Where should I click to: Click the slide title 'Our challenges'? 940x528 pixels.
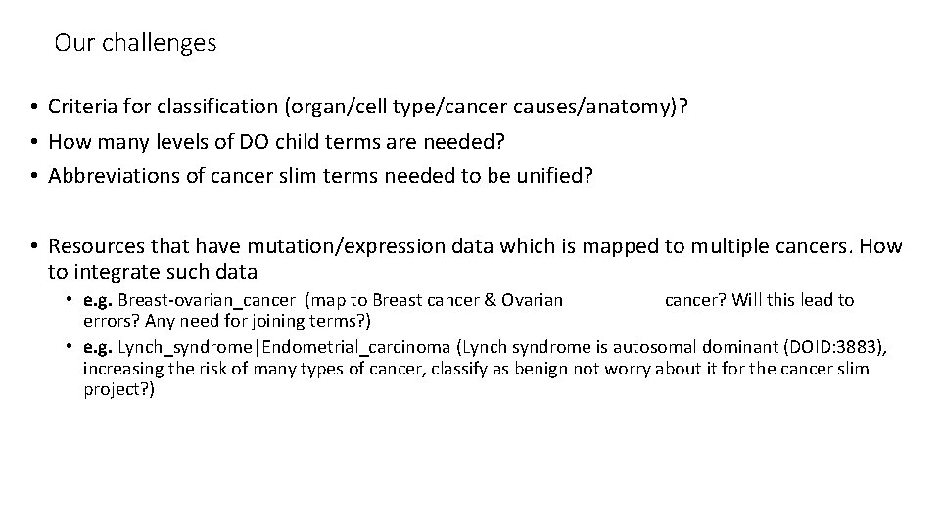tap(135, 43)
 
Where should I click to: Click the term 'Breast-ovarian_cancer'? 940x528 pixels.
tap(206, 300)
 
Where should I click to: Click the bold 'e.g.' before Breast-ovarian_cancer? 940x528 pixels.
tap(98, 300)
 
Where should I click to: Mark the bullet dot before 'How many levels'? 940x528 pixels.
tap(34, 142)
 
